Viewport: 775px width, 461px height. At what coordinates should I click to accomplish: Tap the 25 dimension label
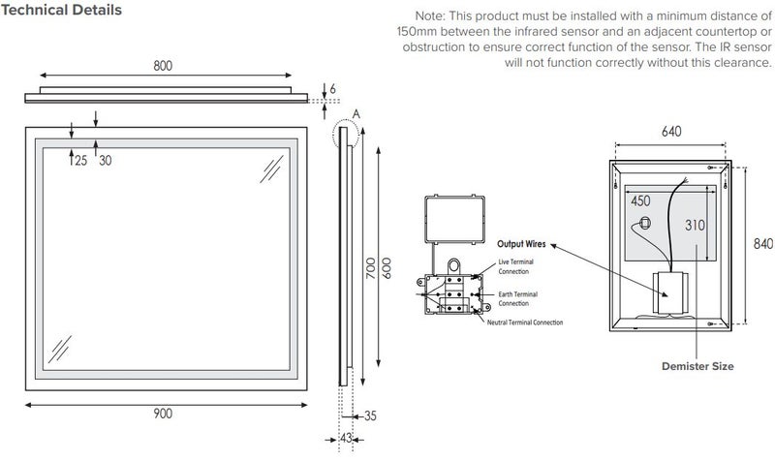(79, 161)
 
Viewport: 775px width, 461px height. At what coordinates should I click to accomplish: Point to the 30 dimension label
(105, 161)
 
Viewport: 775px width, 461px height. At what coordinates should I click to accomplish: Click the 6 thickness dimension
(331, 89)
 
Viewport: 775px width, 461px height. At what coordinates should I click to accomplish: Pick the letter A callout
(356, 113)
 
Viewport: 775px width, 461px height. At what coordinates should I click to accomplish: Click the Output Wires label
(522, 244)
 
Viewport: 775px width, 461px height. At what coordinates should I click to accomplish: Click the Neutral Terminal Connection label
(524, 322)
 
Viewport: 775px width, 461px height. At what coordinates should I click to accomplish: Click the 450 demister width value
(640, 201)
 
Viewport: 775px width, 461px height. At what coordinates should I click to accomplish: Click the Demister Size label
(697, 367)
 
